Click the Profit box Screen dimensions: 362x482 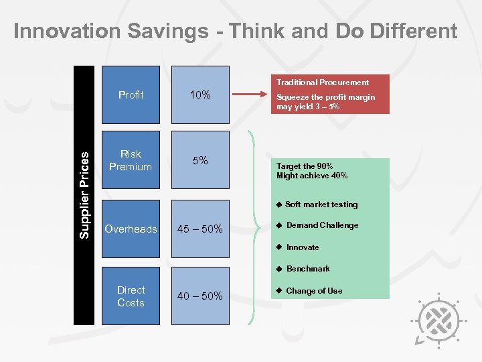tap(131, 95)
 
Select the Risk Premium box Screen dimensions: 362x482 tap(131, 161)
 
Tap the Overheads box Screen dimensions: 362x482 tap(131, 229)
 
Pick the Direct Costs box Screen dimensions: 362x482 tap(131, 296)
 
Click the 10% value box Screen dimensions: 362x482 tap(200, 95)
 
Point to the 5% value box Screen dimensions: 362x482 tap(200, 161)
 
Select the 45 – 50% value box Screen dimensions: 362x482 tap(200, 229)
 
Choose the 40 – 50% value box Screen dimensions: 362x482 tap(200, 296)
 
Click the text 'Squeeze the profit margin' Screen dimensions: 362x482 tap(325, 97)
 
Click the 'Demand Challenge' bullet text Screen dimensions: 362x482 tap(322, 225)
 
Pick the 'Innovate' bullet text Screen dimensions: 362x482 tap(303, 247)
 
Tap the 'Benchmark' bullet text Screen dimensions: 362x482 tap(308, 269)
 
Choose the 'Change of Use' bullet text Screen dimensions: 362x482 tap(314, 291)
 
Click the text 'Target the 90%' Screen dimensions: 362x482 tap(305, 166)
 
